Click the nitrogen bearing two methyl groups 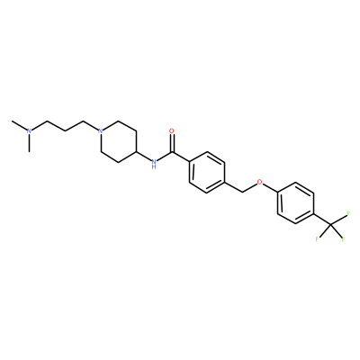(x=29, y=131)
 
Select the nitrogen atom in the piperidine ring (x=101, y=131)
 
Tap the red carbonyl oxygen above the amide (x=172, y=131)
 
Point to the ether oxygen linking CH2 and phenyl (x=260, y=182)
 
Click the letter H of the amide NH (x=154, y=167)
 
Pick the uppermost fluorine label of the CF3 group (x=348, y=213)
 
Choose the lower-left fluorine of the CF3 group (x=317, y=239)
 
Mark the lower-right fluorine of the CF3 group (x=344, y=239)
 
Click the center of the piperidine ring (x=119, y=141)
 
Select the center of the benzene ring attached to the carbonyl (x=207, y=173)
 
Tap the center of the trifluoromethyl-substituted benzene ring (x=295, y=203)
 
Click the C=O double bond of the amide (x=172, y=143)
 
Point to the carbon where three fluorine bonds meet (x=331, y=224)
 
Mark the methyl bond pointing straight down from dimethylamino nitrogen (x=29, y=143)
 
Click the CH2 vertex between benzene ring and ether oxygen (x=242, y=193)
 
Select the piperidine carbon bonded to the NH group (x=137, y=152)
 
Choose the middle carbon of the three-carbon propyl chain (x=65, y=131)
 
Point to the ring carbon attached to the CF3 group (x=313, y=213)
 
